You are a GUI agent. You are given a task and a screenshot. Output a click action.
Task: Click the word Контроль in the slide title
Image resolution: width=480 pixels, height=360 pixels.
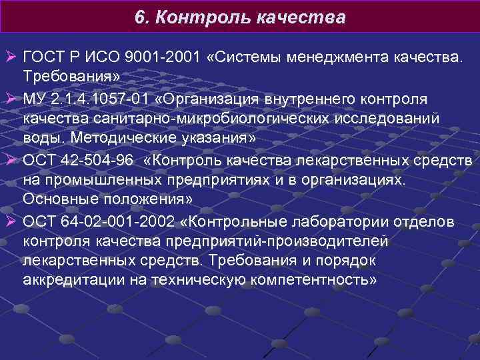202,17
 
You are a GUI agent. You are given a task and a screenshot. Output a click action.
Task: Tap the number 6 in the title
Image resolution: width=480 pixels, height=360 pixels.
139,17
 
